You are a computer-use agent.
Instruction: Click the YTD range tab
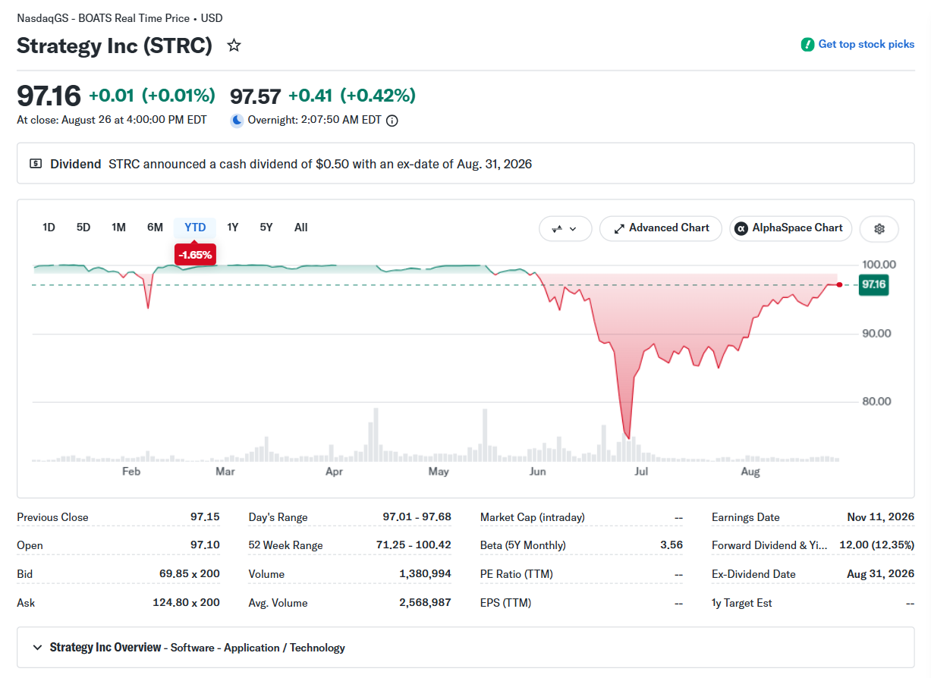click(195, 228)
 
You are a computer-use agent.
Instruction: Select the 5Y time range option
click(266, 228)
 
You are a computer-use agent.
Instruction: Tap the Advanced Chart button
click(660, 228)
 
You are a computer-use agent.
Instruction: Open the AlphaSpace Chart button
click(791, 228)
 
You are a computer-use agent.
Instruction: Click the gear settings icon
click(879, 228)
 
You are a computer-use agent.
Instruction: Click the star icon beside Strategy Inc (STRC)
click(234, 45)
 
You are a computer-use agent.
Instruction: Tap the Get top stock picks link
click(857, 44)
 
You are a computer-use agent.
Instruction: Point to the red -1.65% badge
click(195, 254)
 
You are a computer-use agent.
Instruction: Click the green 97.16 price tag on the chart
click(873, 284)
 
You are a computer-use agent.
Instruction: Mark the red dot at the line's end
click(839, 284)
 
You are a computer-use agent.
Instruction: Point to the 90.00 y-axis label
click(876, 333)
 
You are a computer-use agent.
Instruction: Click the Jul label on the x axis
click(641, 471)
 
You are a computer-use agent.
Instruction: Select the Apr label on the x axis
click(334, 472)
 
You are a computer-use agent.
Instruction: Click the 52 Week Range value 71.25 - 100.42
click(414, 545)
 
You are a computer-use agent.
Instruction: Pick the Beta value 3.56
click(672, 545)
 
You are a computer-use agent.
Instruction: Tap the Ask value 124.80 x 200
click(186, 602)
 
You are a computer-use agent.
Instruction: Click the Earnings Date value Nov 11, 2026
click(881, 516)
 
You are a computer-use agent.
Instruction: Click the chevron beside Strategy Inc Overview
click(37, 647)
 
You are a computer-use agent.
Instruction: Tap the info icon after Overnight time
click(392, 121)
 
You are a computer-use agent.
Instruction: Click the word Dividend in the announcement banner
click(76, 164)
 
